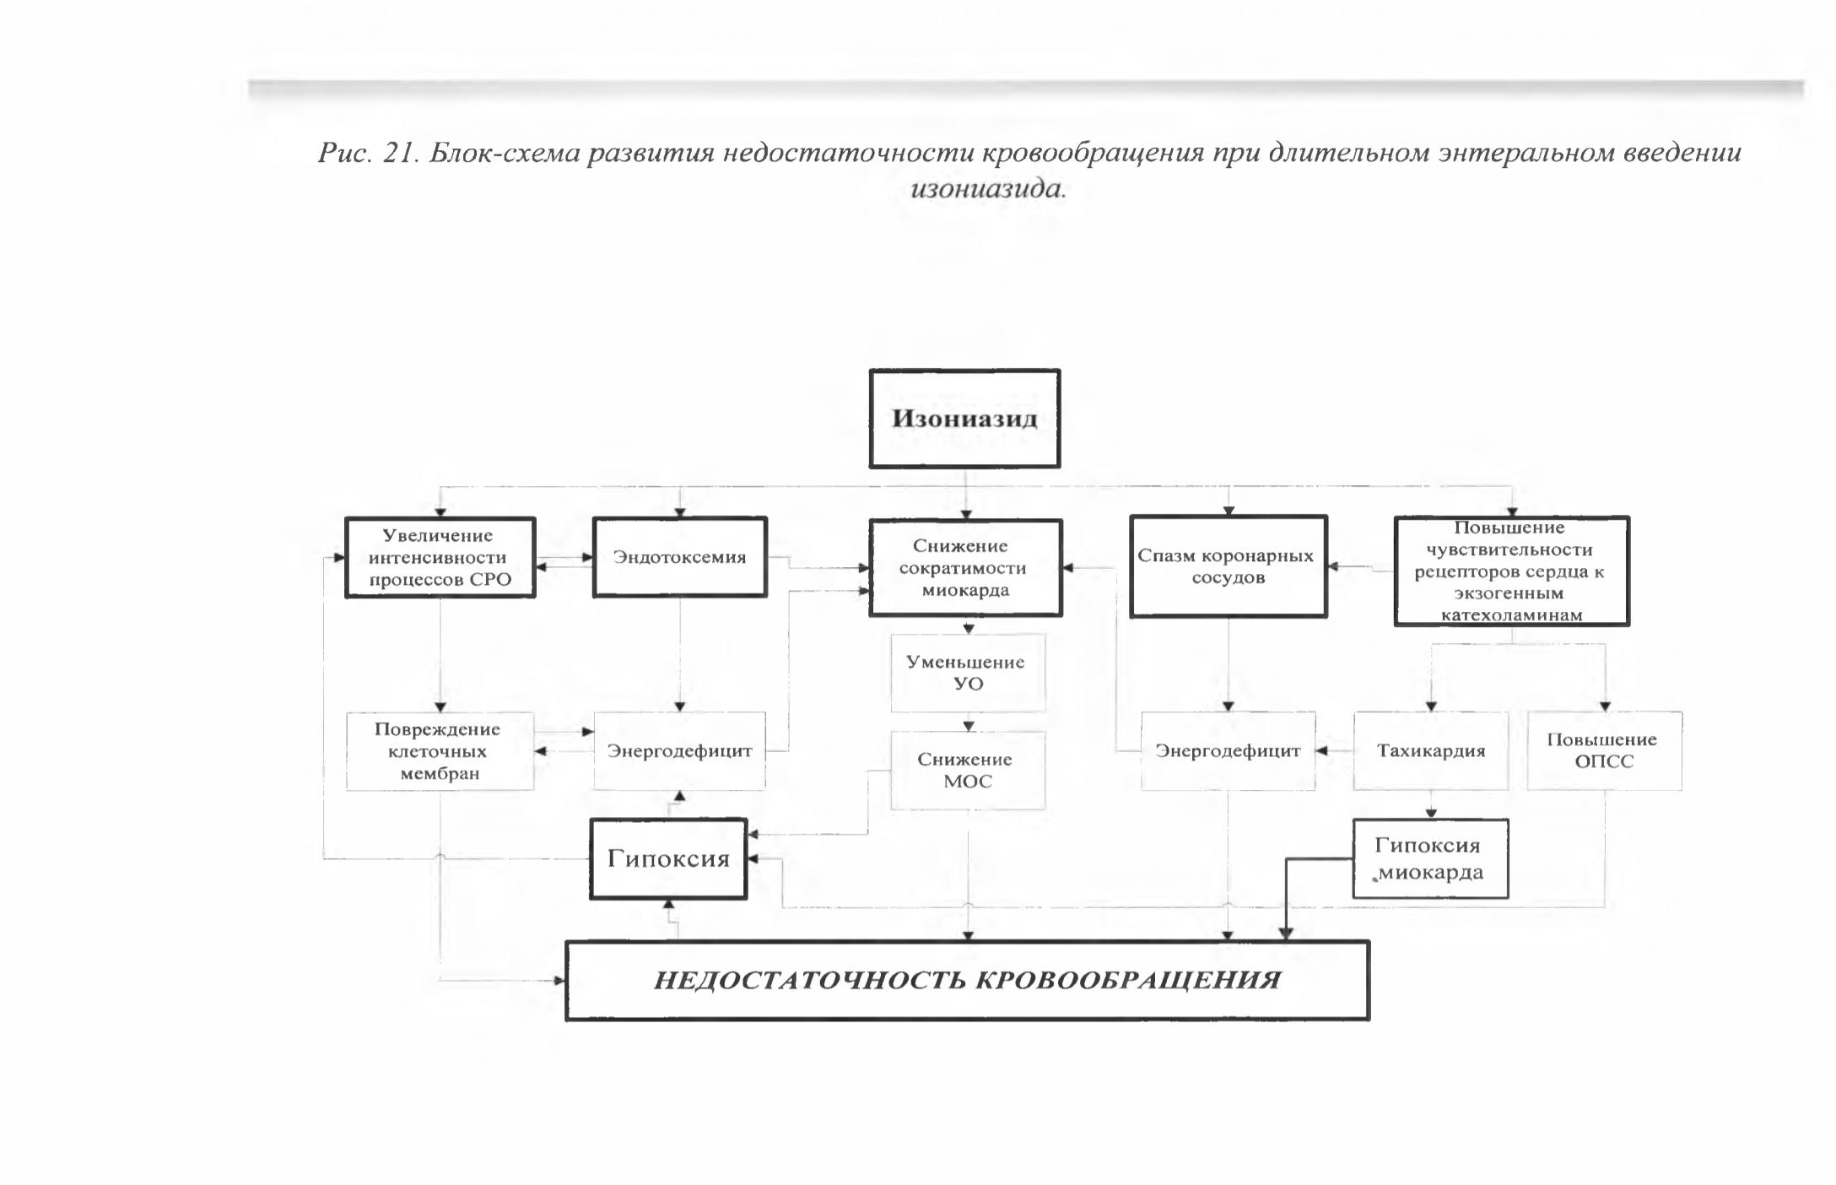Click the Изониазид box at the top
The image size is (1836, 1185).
964,419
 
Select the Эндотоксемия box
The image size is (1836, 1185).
680,557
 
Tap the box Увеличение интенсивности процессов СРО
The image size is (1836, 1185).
440,557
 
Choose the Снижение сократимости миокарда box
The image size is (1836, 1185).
965,568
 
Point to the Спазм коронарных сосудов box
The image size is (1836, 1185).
1228,566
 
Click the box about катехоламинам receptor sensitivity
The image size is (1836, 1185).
1511,571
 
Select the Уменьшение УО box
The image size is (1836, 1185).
968,673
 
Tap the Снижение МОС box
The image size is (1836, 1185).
968,771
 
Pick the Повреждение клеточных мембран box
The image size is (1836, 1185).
440,751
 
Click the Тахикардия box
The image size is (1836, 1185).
1431,751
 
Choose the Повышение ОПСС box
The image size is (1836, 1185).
1604,751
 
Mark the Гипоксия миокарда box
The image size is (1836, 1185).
1430,858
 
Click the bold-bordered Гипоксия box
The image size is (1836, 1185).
668,858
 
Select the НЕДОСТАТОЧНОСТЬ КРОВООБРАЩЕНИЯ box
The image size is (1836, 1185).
967,981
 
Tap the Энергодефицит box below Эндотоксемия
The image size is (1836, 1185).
680,751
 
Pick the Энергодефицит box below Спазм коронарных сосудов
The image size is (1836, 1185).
1228,751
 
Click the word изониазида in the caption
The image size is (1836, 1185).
989,188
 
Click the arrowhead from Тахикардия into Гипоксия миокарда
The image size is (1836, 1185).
1431,814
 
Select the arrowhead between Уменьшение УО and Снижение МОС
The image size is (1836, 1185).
969,726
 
